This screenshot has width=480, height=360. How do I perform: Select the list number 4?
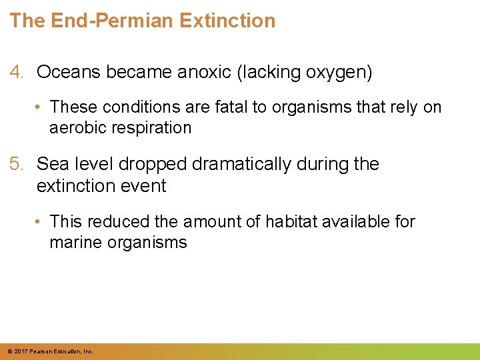point(17,73)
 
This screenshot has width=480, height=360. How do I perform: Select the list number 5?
point(17,164)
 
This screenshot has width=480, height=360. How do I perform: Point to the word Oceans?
point(66,73)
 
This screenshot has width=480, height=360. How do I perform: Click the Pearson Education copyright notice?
point(51,351)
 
